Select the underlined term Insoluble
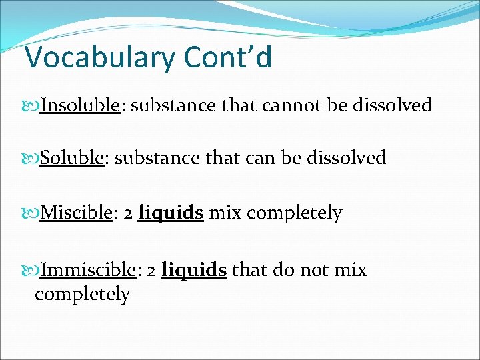[79, 105]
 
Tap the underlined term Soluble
[71, 157]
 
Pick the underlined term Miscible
[75, 213]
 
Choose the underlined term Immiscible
[87, 269]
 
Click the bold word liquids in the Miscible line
[170, 213]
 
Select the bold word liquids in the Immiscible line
[194, 269]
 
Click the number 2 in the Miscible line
[127, 213]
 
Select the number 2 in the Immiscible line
[151, 270]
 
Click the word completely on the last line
[82, 294]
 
